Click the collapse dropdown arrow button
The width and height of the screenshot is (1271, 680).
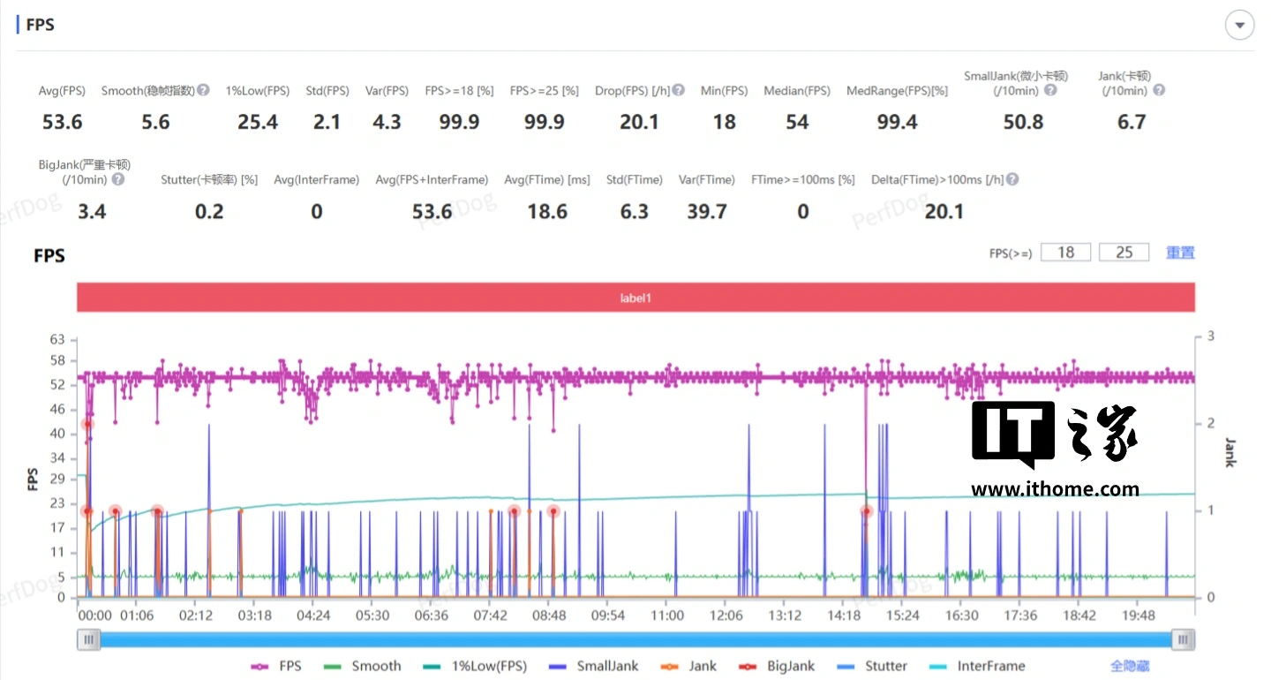coord(1239,26)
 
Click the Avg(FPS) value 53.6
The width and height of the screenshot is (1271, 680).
coord(62,122)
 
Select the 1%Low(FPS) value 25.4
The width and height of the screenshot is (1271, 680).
coord(258,122)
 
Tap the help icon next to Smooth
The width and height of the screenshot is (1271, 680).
coord(203,90)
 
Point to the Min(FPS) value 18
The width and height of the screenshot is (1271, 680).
coord(724,122)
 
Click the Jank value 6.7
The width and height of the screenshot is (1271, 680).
coord(1132,122)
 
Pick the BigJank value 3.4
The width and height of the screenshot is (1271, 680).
coord(92,212)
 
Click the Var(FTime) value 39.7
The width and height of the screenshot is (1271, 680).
coord(706,212)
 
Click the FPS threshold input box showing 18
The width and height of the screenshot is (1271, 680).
coord(1065,253)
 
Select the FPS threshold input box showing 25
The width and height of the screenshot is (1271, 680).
coord(1124,253)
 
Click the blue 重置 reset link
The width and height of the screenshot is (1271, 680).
coord(1180,253)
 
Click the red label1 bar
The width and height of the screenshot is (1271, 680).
coord(635,298)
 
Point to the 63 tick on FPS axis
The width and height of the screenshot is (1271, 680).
coord(57,339)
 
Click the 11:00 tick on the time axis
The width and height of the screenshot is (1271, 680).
coord(666,616)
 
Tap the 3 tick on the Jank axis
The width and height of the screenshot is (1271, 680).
coord(1211,336)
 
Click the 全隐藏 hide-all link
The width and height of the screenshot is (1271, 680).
coord(1130,666)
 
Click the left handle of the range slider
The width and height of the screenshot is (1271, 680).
coord(88,640)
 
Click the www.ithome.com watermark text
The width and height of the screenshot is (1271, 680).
coord(1055,489)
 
